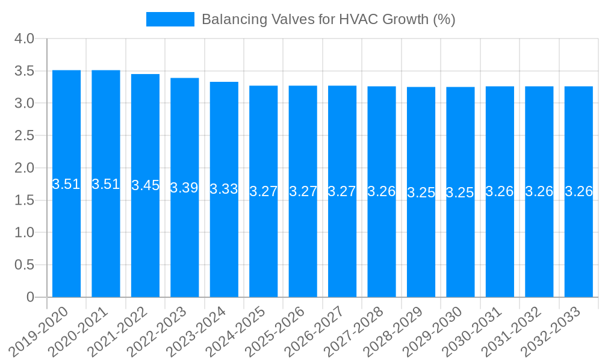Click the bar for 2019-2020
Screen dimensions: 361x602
[x=66, y=241]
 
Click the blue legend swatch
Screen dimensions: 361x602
[x=170, y=19]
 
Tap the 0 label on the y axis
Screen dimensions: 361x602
[x=31, y=297]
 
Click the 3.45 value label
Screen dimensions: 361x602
[x=145, y=185]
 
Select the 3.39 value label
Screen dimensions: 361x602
[x=184, y=187]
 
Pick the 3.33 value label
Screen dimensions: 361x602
[x=224, y=189]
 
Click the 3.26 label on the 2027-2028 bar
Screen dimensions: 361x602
[x=382, y=191]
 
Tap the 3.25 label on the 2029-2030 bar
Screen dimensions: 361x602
[x=460, y=193]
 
